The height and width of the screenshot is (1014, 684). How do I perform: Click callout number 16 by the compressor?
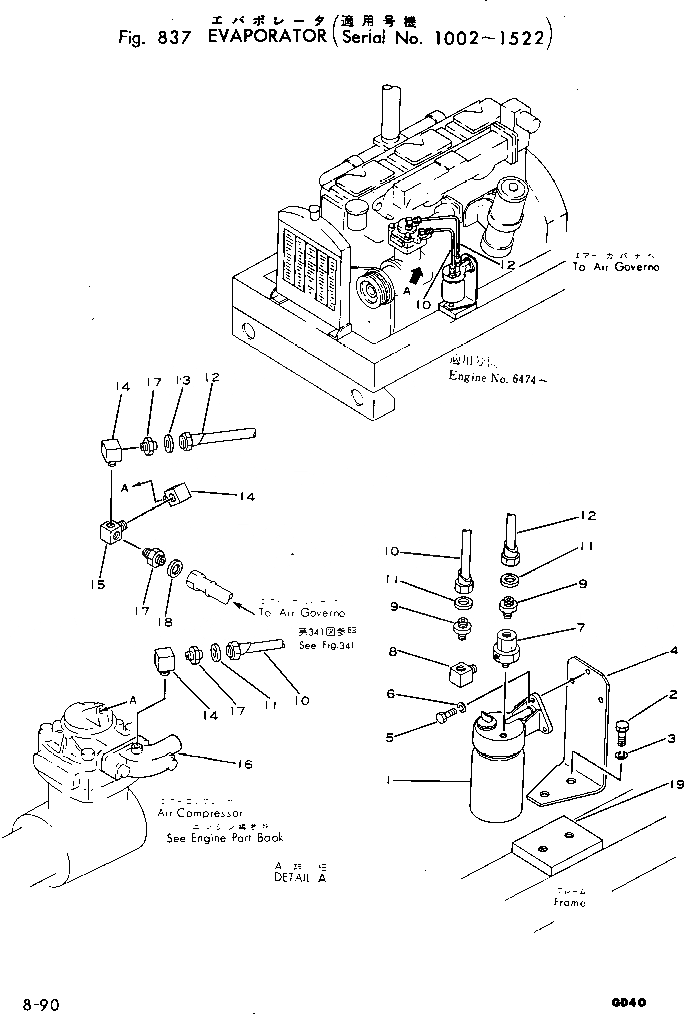pos(245,765)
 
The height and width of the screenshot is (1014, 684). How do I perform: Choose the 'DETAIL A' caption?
pos(299,876)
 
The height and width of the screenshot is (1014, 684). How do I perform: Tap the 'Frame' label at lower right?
pos(569,901)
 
